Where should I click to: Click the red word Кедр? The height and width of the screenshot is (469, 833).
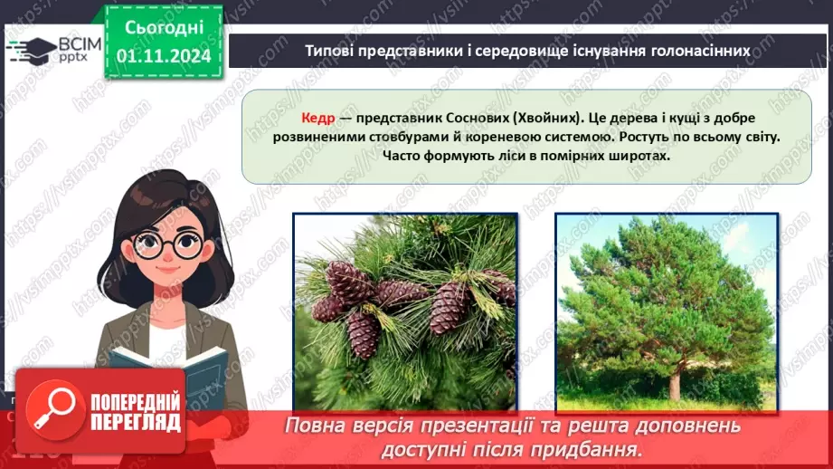coord(318,119)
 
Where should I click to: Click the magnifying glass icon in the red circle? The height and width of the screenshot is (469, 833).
coord(56,408)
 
